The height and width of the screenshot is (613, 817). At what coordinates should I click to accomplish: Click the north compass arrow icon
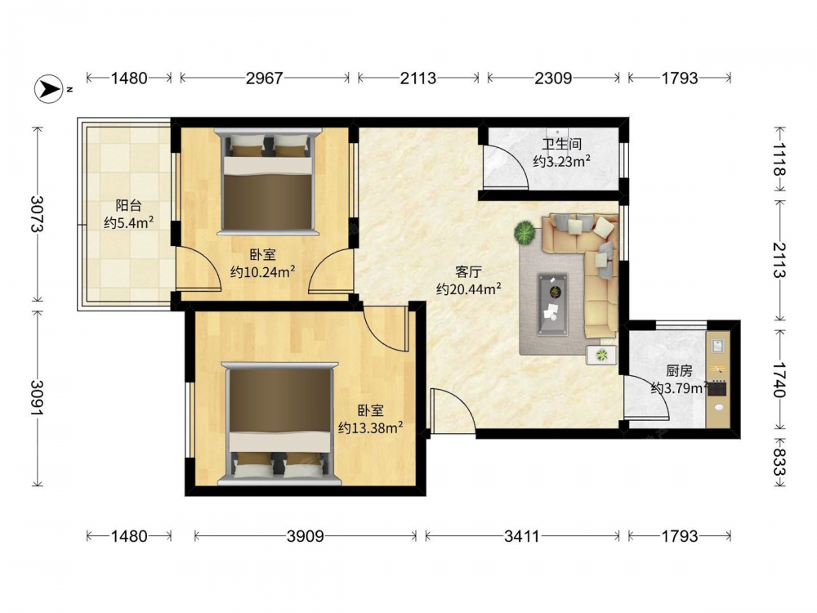[x=50, y=89]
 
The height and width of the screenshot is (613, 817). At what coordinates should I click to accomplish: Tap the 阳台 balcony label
[x=129, y=205]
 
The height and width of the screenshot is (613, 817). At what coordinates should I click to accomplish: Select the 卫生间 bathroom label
[x=561, y=145]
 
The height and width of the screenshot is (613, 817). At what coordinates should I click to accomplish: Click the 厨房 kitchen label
[x=679, y=370]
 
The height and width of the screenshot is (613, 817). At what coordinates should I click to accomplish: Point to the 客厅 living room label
[x=468, y=271]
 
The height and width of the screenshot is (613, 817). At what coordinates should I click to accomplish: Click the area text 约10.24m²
[x=263, y=271]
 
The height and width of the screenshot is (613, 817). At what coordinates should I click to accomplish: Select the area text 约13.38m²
[x=370, y=427]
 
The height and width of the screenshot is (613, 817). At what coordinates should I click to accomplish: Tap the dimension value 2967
[x=264, y=78]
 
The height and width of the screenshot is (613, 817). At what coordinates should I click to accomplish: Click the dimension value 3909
[x=306, y=536]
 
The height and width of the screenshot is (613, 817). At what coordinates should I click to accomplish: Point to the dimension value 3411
[x=522, y=536]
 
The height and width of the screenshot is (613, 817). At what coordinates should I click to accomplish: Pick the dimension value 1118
[x=779, y=159]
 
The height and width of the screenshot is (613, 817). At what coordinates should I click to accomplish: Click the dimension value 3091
[x=38, y=398]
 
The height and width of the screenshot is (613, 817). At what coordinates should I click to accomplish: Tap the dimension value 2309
[x=553, y=78]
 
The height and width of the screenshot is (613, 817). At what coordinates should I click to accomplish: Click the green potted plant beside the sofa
[x=525, y=232]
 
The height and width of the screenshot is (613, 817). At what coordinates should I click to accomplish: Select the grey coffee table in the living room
[x=553, y=304]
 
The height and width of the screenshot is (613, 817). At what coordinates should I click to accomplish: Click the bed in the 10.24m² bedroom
[x=268, y=181]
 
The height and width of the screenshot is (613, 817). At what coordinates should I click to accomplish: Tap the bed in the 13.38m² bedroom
[x=279, y=423]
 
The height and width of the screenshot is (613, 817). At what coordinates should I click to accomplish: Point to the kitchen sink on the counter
[x=718, y=346]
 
